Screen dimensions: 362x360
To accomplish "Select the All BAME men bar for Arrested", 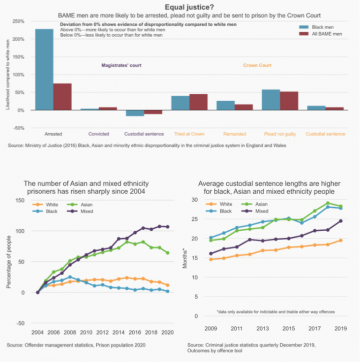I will point(62,97).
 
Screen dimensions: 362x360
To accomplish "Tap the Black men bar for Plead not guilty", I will point(271,100).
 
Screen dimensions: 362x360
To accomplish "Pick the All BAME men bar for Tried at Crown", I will point(198,102).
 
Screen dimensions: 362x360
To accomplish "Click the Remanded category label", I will point(234,134).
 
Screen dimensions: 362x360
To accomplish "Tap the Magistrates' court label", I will point(121,65).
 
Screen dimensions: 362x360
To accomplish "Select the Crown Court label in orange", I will point(257,65).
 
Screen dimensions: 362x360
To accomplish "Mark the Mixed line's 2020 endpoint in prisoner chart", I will point(167,226).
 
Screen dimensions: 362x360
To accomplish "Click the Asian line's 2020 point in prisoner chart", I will point(167,253).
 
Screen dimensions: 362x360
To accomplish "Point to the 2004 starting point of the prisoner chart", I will point(38,292).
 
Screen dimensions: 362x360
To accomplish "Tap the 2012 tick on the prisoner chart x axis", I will point(103,332).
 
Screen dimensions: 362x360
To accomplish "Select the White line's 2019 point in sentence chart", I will point(341,240).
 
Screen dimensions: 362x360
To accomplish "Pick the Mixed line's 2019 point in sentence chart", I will point(341,221).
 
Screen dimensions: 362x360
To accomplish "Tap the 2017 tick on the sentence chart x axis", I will point(314,329).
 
